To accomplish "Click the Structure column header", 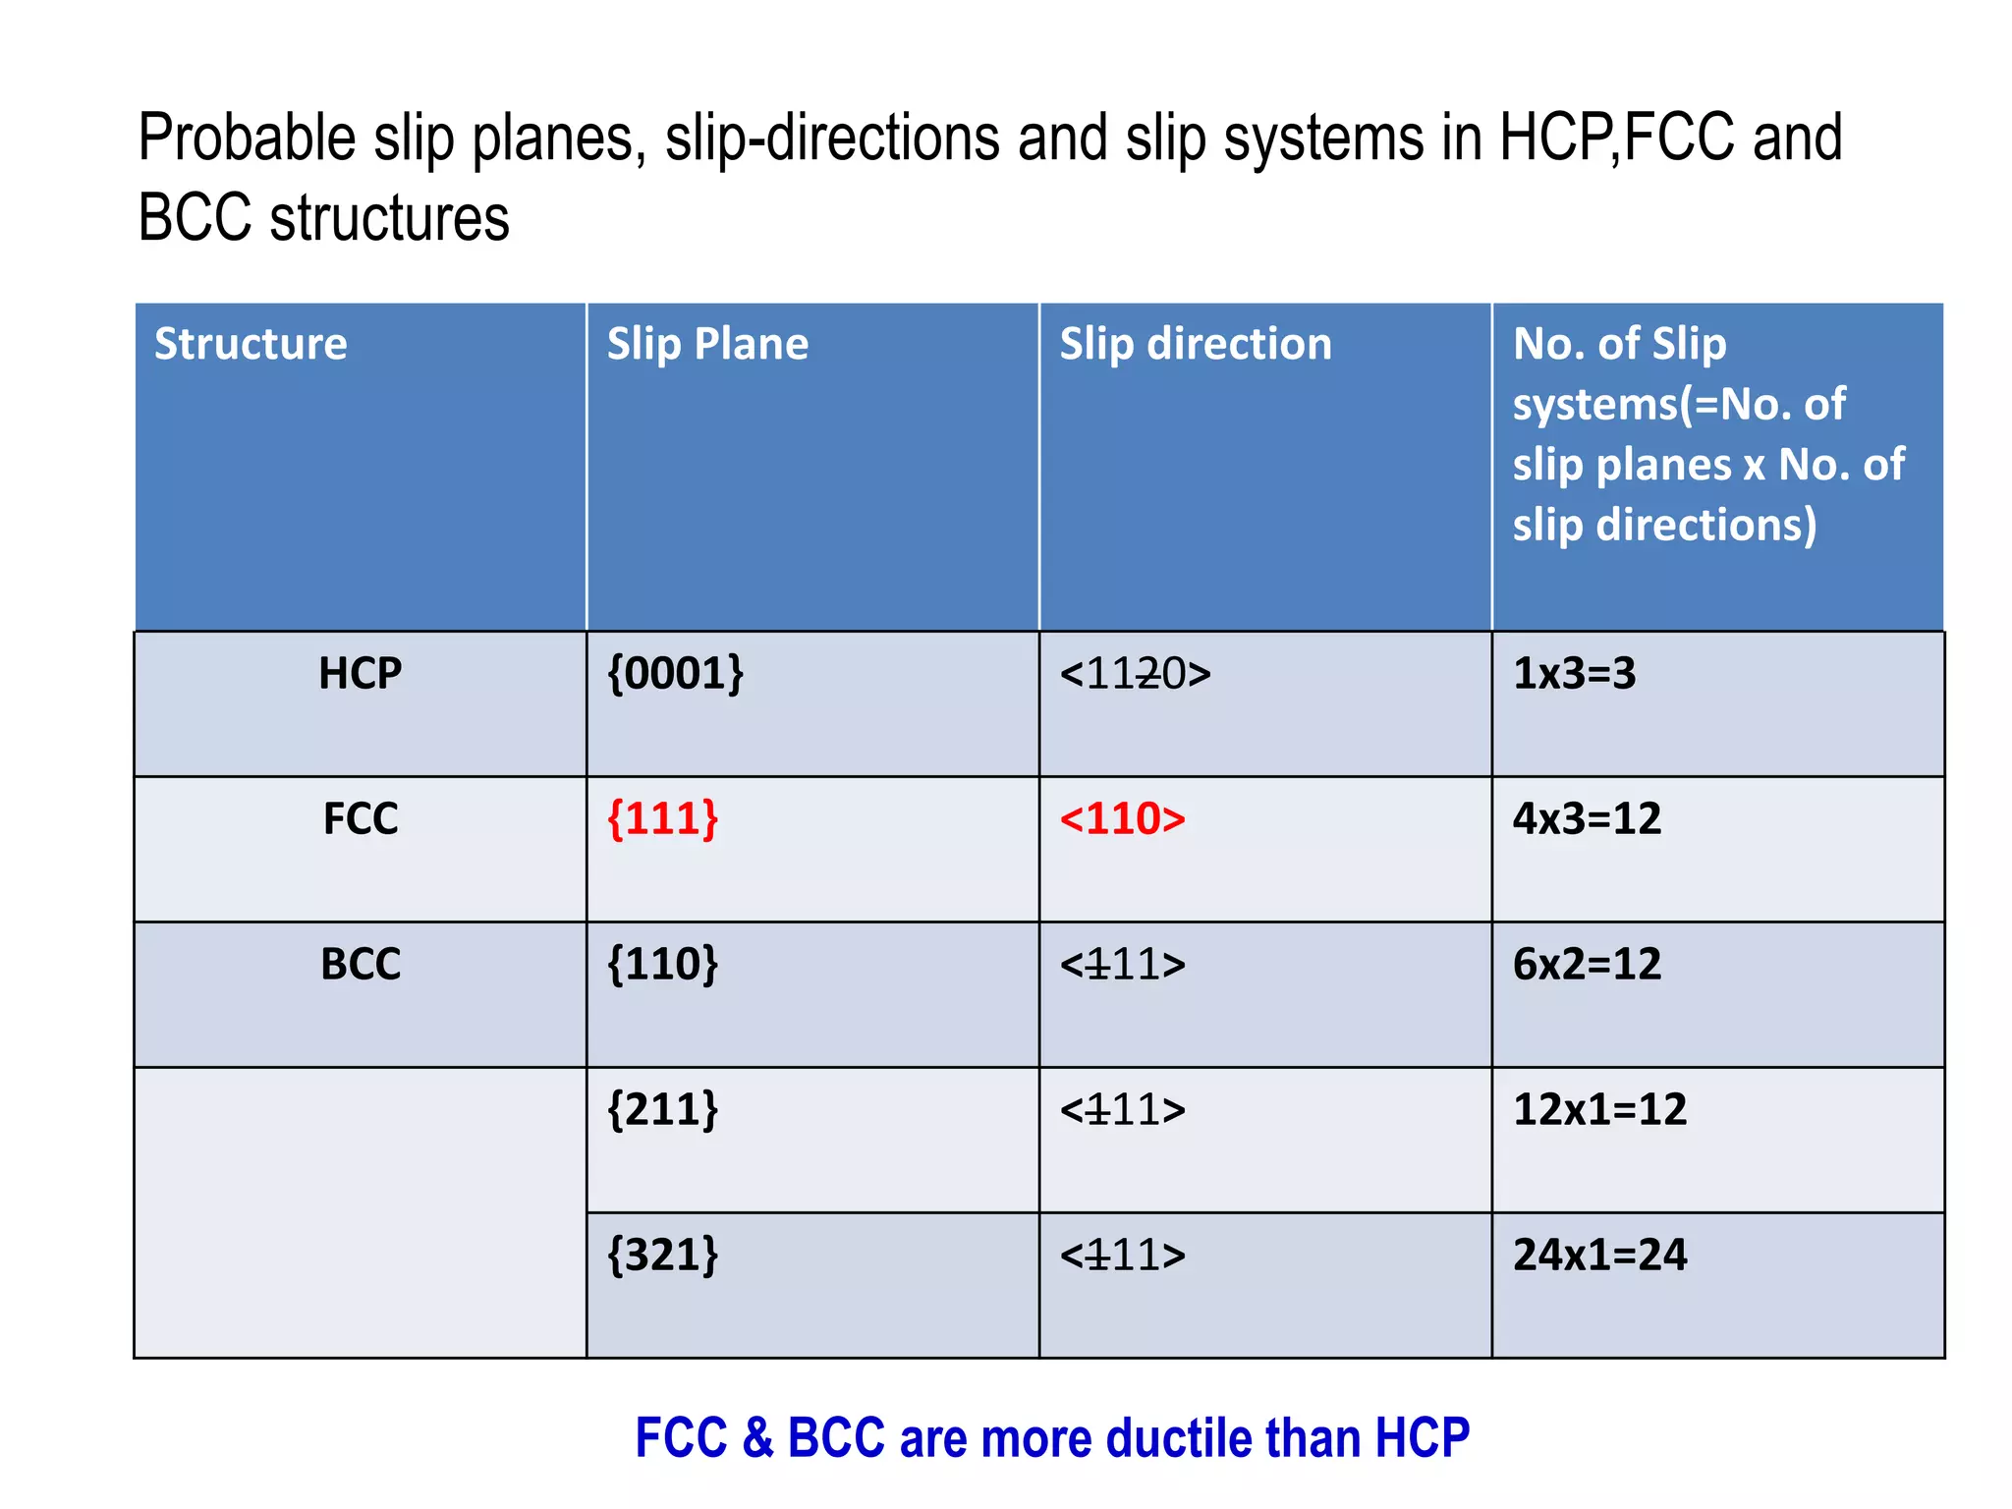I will point(251,344).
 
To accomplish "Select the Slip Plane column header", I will point(707,344).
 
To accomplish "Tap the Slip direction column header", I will point(1196,344).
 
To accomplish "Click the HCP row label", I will point(361,674).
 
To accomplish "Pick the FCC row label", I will point(361,819).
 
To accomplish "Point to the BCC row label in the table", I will point(361,965).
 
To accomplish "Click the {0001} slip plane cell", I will point(676,674).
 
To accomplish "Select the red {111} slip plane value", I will point(663,819).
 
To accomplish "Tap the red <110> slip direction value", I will point(1123,819).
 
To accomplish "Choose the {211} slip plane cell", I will point(663,1110).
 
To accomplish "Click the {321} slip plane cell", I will point(663,1256).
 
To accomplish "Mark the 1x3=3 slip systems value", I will point(1574,674).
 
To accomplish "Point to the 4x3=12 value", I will point(1587,819).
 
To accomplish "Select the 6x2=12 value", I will point(1587,965).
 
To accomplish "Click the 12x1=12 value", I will point(1599,1110).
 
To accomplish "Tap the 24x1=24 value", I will point(1599,1256).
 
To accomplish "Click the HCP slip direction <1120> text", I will point(1135,674).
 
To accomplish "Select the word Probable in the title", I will point(246,138).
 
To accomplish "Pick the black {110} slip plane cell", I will point(663,965).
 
